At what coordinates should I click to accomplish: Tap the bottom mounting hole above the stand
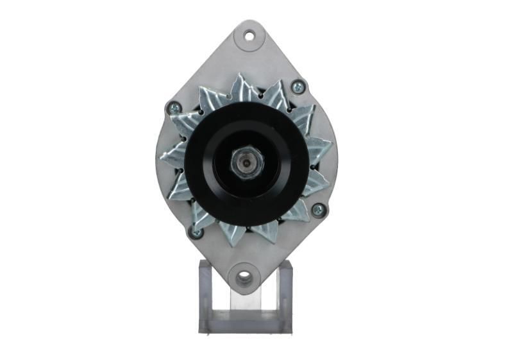pos(244,278)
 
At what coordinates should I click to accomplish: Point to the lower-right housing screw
pos(317,209)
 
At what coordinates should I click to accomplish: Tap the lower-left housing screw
pos(195,232)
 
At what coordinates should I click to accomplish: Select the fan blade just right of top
pos(277,96)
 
